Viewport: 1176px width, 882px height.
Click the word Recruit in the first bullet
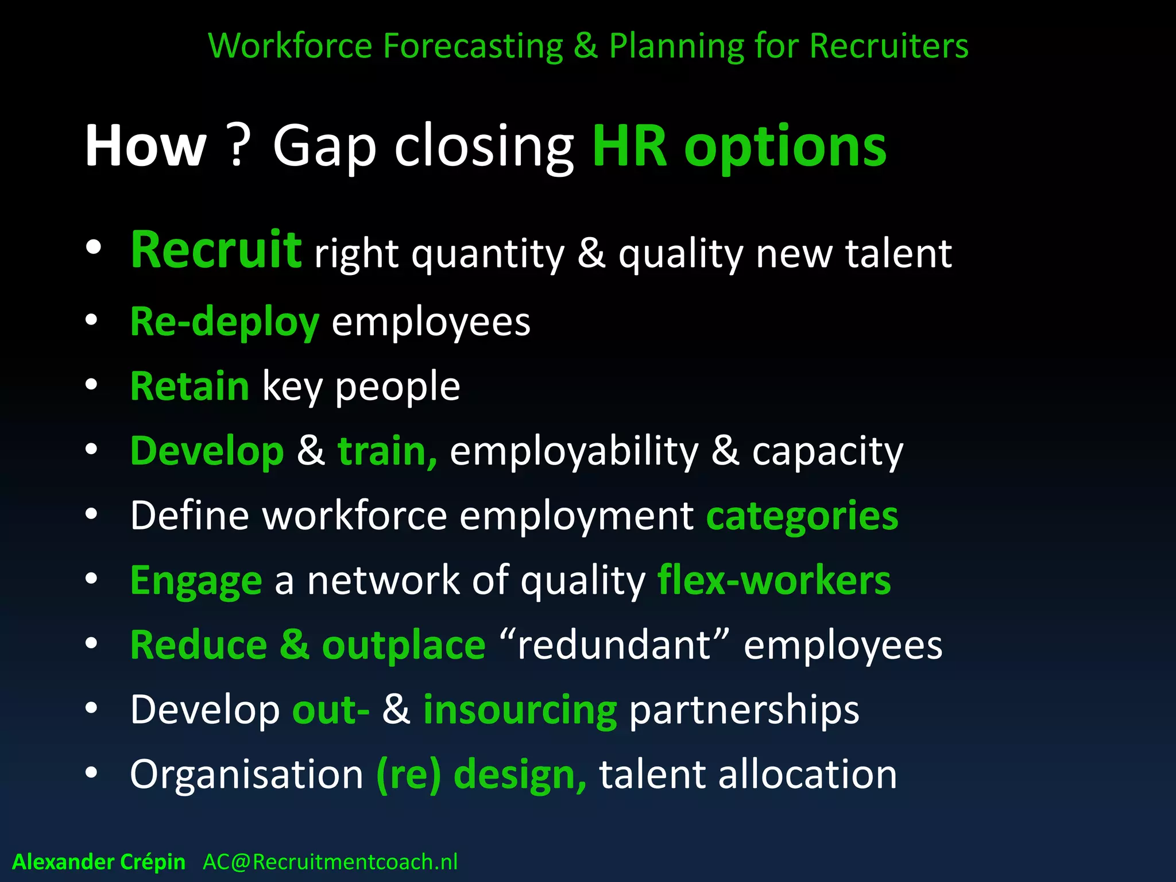215,250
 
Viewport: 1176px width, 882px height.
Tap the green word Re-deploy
224,322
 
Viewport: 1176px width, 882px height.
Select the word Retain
189,386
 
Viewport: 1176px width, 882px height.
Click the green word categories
802,516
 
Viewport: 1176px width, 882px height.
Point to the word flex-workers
774,581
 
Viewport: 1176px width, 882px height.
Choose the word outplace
404,645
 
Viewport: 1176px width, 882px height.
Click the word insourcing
520,710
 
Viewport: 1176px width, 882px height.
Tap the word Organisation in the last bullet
246,775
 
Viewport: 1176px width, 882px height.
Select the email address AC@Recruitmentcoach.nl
330,862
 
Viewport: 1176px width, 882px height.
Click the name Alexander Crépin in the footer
99,862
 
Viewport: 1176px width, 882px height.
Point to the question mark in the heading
239,147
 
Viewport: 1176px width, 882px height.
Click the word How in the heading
145,147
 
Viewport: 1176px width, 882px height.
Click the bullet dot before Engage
92,579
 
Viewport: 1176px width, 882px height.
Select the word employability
574,452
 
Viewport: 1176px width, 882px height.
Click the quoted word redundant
614,645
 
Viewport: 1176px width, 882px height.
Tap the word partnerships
744,710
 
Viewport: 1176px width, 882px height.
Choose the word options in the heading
785,147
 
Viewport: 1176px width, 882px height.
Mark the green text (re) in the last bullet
408,775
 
